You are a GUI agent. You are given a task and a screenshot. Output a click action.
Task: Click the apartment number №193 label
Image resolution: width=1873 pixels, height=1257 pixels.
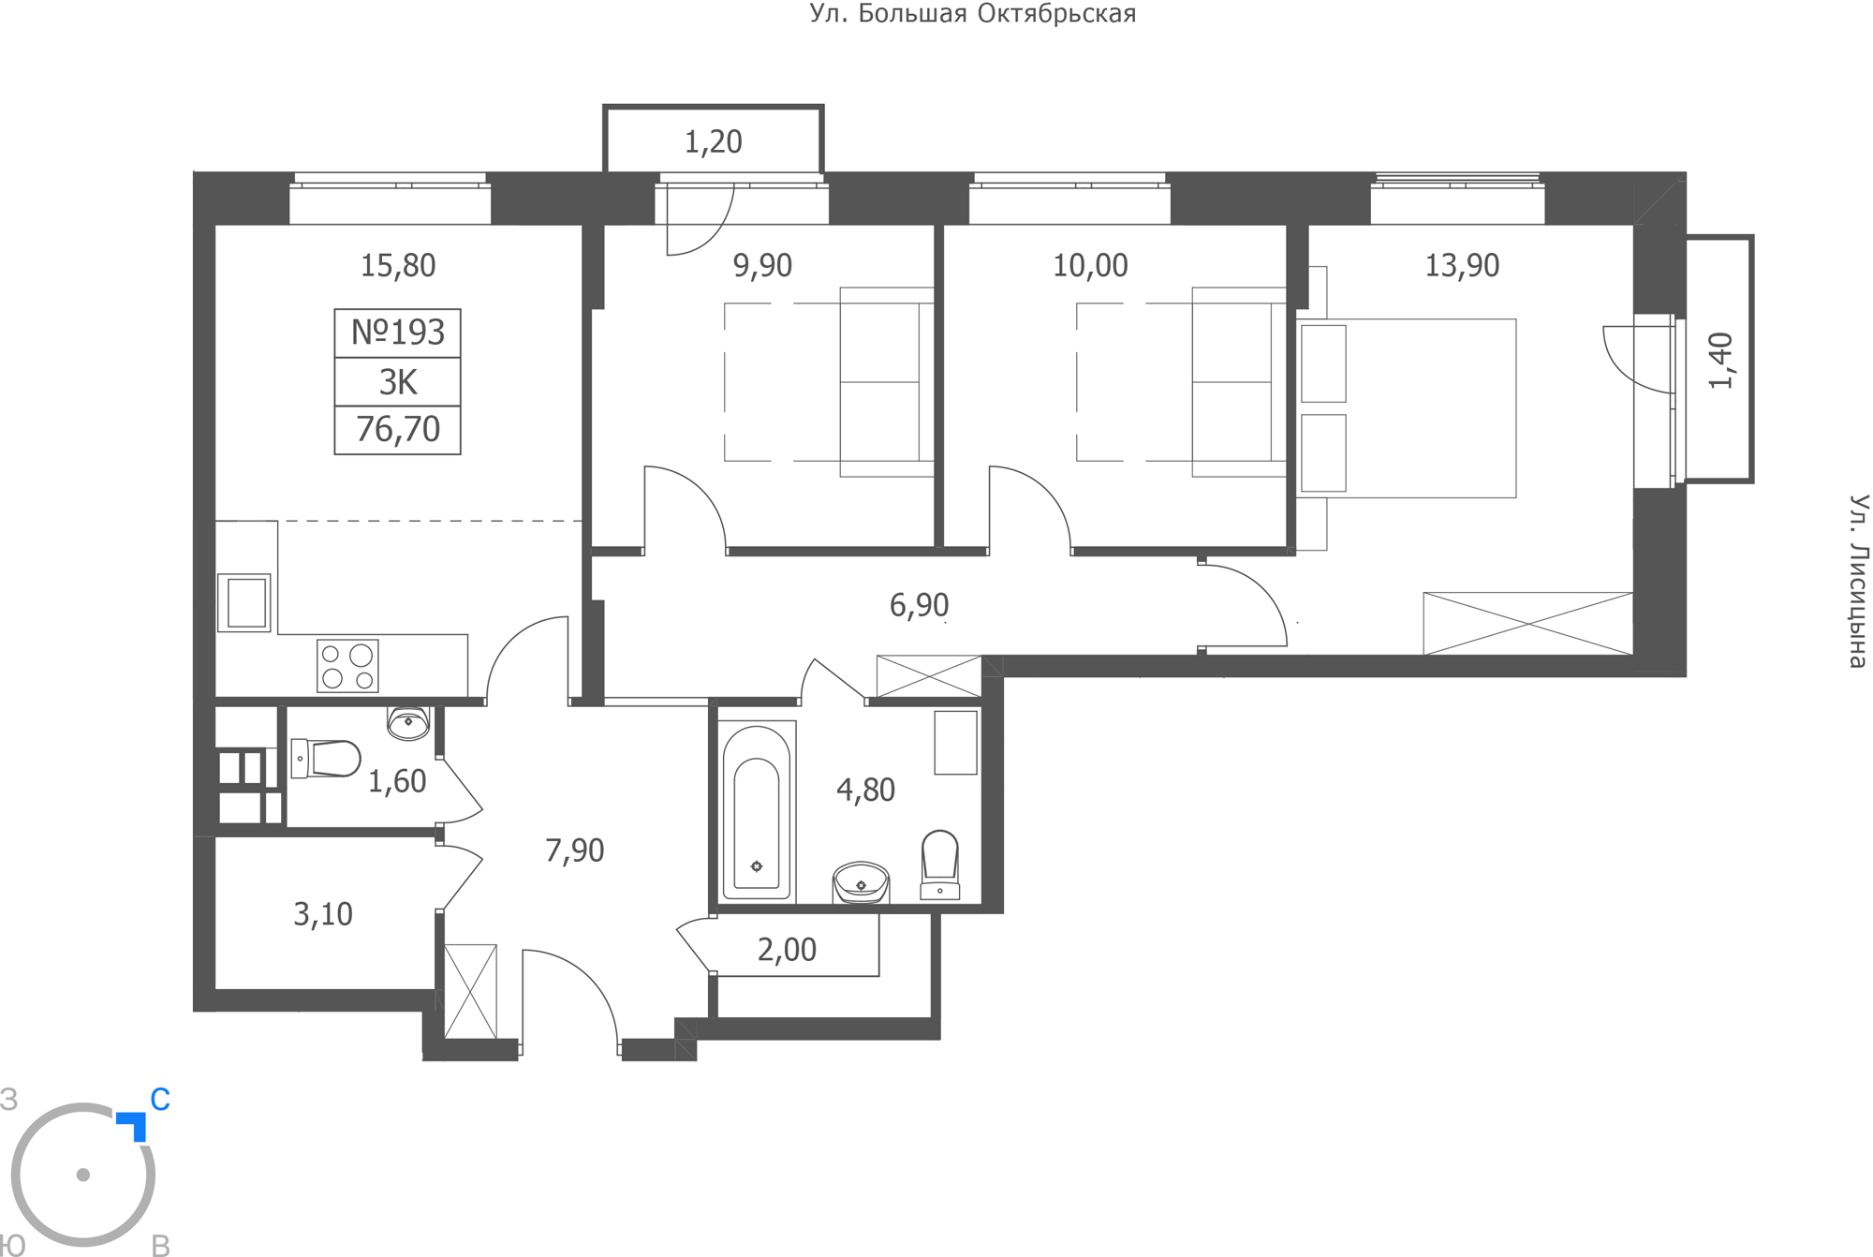398,333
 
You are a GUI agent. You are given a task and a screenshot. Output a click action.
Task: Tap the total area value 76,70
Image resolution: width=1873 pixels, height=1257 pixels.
398,429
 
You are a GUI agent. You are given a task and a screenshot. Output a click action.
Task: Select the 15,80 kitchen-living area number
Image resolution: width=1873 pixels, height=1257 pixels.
398,266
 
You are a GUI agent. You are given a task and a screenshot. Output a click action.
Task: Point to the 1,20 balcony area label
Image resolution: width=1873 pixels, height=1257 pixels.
714,142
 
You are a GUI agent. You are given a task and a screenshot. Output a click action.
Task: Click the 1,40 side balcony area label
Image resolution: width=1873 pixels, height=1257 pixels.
1721,361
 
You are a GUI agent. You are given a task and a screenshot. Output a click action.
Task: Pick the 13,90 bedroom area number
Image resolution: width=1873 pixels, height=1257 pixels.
1462,266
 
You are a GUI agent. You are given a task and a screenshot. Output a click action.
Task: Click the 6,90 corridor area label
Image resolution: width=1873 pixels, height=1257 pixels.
919,605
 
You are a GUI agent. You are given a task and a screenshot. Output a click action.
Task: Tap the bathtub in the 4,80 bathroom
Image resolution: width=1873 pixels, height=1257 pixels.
757,811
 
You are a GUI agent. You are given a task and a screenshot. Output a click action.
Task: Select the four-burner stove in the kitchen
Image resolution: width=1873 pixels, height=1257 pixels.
347,666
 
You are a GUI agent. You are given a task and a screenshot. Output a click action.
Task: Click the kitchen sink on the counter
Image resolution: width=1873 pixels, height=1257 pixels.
244,603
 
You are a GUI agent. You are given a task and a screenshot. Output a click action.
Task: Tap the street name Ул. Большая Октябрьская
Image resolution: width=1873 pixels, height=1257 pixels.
973,14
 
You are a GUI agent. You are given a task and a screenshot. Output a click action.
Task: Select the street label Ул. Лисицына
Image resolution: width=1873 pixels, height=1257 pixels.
1858,581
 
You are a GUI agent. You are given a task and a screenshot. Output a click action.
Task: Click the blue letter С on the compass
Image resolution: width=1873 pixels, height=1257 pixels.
160,1100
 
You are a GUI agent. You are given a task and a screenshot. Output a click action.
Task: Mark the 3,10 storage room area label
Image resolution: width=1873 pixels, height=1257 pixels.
323,914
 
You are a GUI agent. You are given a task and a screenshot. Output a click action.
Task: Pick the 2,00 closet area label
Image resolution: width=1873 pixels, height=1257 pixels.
787,950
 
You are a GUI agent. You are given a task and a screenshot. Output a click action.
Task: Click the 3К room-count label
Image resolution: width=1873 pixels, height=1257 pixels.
398,382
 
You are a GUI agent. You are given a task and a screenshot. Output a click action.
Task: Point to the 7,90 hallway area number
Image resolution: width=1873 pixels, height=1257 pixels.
575,850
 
